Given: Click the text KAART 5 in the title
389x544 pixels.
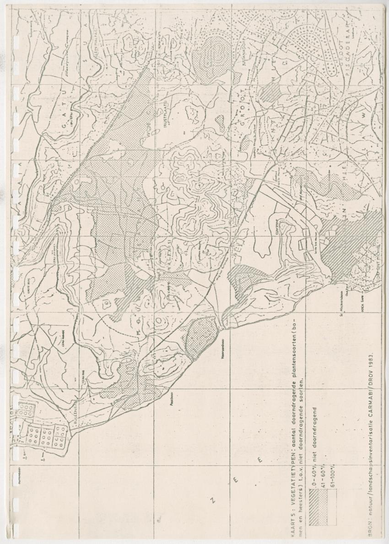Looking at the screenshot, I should point(294,528).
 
